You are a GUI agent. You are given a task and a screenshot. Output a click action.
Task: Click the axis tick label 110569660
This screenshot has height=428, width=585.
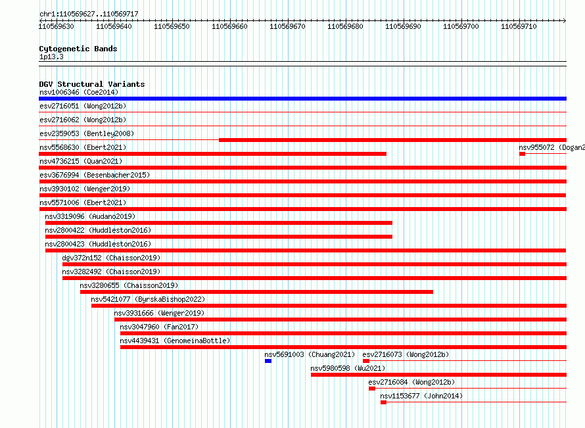[229, 26]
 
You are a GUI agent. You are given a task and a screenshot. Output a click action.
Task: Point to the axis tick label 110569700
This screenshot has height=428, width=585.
[461, 26]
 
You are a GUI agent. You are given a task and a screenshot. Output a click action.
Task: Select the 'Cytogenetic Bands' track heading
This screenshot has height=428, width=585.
[78, 49]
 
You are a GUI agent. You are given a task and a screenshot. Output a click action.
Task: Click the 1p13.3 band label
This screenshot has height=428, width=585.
[51, 57]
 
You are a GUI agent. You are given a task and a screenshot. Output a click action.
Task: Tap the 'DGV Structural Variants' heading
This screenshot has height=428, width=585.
[92, 84]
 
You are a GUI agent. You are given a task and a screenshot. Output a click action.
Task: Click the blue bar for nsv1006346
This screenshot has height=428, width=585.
[302, 99]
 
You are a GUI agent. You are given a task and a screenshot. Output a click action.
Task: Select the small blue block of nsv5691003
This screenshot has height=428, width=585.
[268, 361]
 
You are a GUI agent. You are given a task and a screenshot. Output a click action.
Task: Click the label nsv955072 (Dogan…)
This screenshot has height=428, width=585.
[551, 147]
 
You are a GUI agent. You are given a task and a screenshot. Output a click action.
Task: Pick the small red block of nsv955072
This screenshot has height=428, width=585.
[523, 154]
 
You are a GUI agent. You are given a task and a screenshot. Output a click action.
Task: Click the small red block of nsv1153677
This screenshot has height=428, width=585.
[383, 402]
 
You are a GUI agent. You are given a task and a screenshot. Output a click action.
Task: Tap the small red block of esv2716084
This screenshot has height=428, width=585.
[372, 389]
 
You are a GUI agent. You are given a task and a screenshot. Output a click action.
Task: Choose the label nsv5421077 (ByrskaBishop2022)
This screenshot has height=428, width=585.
[148, 299]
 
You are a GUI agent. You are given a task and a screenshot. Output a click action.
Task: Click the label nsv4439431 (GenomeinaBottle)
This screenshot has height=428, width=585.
[175, 341]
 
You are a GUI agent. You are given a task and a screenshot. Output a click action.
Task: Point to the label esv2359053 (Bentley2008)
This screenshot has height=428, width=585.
[87, 133]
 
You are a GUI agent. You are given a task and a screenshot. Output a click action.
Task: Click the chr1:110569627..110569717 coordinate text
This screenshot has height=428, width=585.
[89, 14]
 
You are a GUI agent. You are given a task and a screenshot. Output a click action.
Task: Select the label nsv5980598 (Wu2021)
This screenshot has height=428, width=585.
[348, 368]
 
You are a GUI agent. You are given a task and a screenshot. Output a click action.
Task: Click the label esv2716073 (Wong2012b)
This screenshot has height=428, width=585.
[406, 354]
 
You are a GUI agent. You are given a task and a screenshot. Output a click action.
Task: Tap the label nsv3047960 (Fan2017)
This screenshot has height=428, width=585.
[159, 327]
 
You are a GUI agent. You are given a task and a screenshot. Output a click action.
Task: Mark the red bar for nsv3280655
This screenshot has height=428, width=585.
[256, 292]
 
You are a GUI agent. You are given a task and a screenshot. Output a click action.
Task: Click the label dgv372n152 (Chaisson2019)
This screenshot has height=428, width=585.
[111, 258]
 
